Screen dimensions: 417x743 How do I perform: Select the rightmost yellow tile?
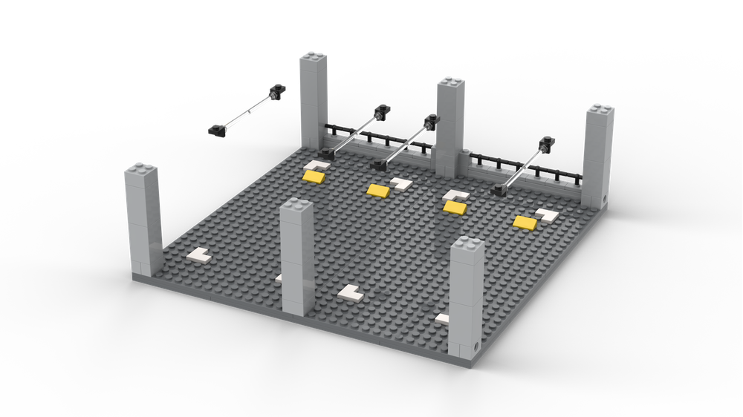[x=526, y=222]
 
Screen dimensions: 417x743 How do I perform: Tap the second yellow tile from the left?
[x=379, y=191]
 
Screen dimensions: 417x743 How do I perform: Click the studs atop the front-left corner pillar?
[x=142, y=171]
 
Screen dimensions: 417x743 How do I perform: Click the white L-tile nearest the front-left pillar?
[x=199, y=255]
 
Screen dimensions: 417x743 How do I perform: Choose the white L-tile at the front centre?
[x=350, y=292]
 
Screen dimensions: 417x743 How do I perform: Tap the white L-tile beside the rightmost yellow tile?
[x=548, y=215]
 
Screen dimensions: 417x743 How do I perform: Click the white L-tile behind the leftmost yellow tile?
[x=317, y=165]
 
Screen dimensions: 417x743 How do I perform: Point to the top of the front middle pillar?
[x=297, y=206]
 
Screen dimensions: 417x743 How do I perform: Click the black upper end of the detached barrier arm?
[x=278, y=91]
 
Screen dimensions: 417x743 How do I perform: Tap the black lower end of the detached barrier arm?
[x=216, y=131]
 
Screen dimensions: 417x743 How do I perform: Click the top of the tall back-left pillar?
[x=314, y=58]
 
